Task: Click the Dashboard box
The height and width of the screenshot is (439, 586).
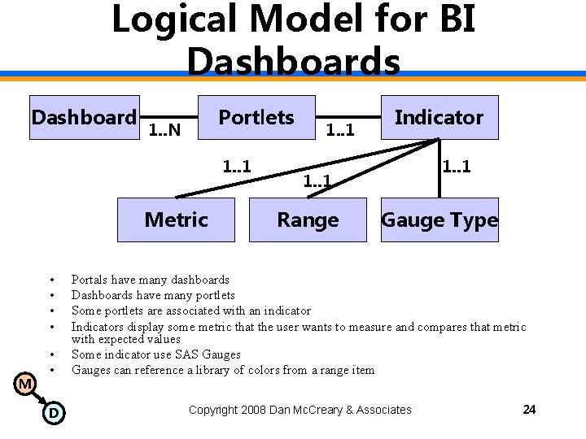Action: coord(84,118)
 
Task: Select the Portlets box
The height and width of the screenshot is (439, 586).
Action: coord(256,118)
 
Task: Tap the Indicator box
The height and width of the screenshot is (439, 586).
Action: coord(439,118)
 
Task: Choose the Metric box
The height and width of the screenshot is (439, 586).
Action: coord(176,220)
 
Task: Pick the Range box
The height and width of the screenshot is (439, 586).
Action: coord(308,220)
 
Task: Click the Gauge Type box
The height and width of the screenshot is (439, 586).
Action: coord(439,220)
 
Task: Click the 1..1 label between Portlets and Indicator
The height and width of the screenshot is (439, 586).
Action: coord(339,128)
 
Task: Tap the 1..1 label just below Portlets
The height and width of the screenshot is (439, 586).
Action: coord(237,167)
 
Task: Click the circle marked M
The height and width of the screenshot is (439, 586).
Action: coord(26,383)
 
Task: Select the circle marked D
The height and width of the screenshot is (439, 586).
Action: coord(53,413)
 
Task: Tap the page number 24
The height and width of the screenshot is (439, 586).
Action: coord(529,410)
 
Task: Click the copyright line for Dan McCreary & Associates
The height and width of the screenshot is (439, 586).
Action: coord(300,410)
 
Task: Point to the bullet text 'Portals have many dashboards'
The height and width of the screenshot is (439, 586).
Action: coord(151,280)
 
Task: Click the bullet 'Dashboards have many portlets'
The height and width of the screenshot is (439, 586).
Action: coord(153,295)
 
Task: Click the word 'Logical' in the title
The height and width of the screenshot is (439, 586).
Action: coord(167,20)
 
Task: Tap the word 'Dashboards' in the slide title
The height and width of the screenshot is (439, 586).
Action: coord(293,62)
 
